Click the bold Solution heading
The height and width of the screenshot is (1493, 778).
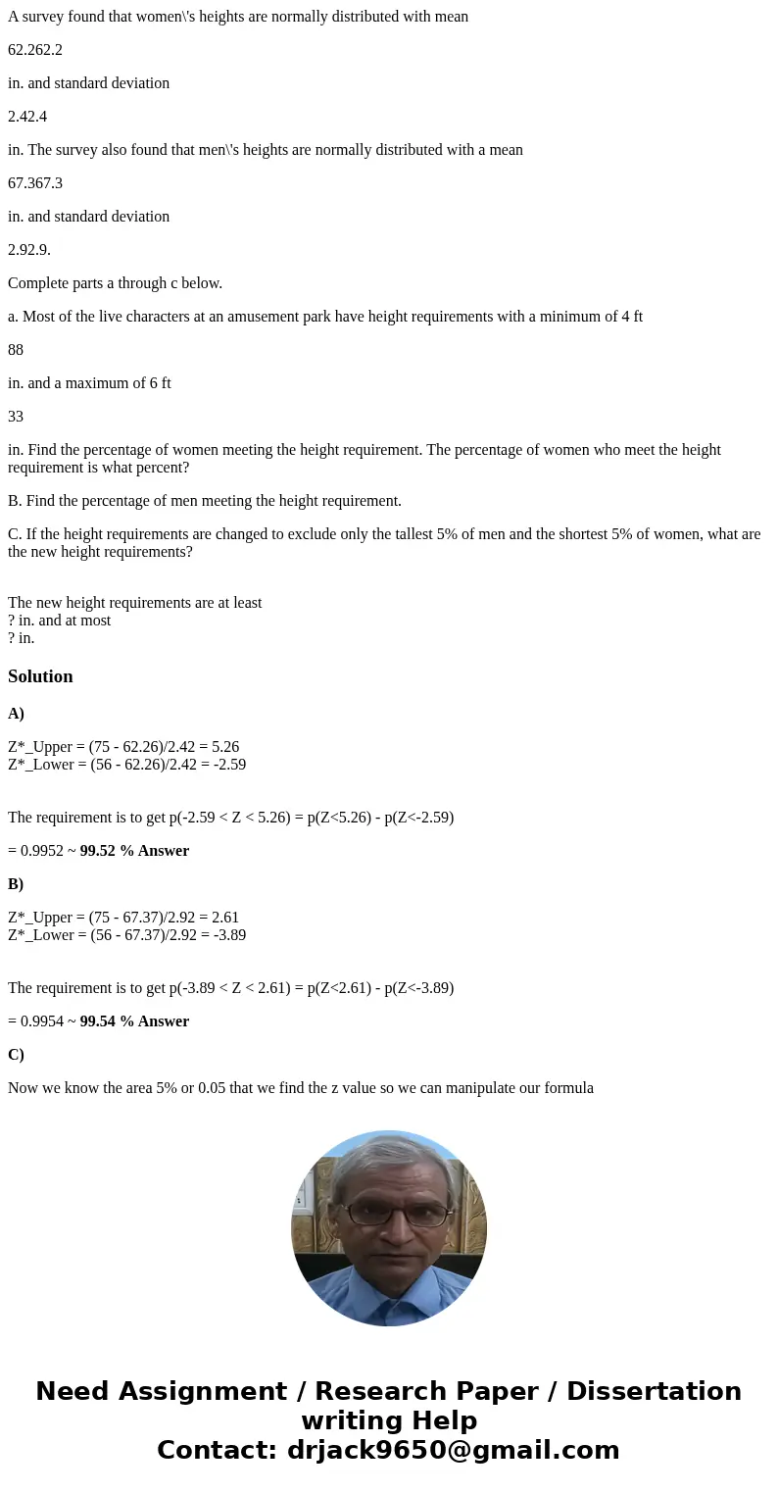click(x=40, y=676)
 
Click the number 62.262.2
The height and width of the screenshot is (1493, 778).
click(x=35, y=50)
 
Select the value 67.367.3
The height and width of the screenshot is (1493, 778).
click(x=35, y=183)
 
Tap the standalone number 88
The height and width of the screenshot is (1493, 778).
click(x=16, y=350)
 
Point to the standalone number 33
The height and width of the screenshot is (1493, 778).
click(x=16, y=417)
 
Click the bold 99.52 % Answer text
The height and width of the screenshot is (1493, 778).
click(x=134, y=851)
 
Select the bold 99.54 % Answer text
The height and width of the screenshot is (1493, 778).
click(x=134, y=1021)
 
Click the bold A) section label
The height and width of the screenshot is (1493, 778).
click(x=16, y=714)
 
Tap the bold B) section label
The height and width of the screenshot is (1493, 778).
click(x=16, y=884)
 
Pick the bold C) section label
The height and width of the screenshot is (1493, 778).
click(x=16, y=1055)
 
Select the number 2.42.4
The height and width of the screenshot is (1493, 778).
click(x=27, y=117)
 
